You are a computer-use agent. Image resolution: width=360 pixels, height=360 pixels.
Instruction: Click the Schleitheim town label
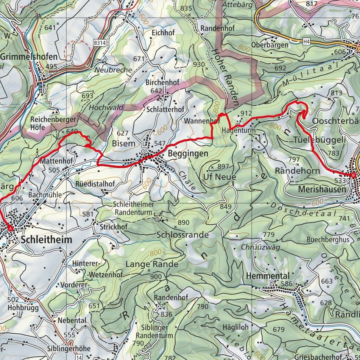pos(47,240)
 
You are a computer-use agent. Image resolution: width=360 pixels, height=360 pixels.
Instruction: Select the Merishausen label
pos(322,189)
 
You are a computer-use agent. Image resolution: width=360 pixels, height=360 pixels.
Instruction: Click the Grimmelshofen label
pos(29,57)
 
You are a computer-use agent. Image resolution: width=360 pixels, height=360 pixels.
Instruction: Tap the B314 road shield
pos(99,43)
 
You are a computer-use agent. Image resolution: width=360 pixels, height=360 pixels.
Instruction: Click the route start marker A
pos(10,228)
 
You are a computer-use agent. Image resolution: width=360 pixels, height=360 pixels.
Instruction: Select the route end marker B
pos(353,175)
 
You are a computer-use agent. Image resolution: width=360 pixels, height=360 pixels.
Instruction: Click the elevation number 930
pos(199,64)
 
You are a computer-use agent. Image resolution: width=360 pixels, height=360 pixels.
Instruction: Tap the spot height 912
pos(246,113)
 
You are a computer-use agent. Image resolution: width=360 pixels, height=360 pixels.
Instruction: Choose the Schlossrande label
pos(182,235)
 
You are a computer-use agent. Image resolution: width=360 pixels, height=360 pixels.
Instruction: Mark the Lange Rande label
pos(152,264)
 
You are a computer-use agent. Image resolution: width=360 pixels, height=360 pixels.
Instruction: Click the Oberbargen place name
pos(270,45)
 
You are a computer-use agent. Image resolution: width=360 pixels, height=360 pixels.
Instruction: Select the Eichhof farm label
pos(163,33)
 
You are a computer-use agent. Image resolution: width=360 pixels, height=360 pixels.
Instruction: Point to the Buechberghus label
pos(328,240)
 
